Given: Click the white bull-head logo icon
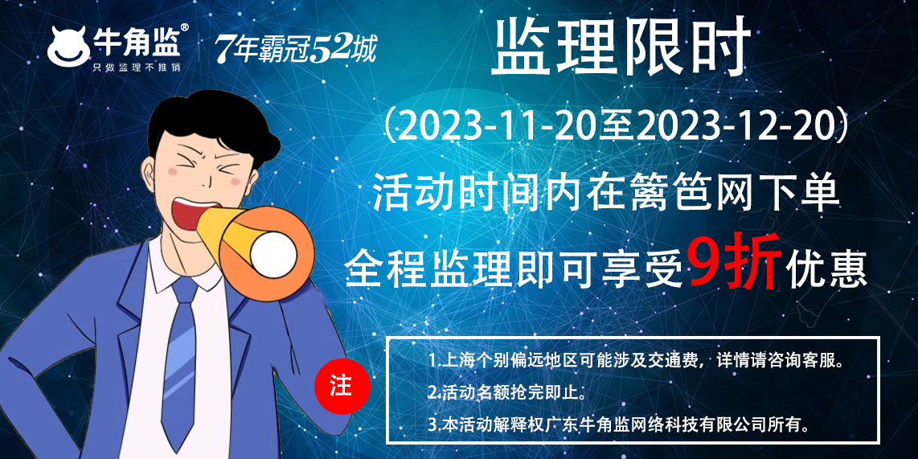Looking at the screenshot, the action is click(x=68, y=47).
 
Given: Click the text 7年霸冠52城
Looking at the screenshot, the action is click(x=296, y=48).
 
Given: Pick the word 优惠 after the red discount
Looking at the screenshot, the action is click(x=826, y=270).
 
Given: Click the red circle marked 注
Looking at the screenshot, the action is click(x=342, y=387).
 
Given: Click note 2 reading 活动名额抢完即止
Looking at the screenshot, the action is click(x=507, y=391).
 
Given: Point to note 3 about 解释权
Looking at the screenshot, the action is click(x=620, y=424).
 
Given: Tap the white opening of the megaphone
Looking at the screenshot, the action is click(x=273, y=256).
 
